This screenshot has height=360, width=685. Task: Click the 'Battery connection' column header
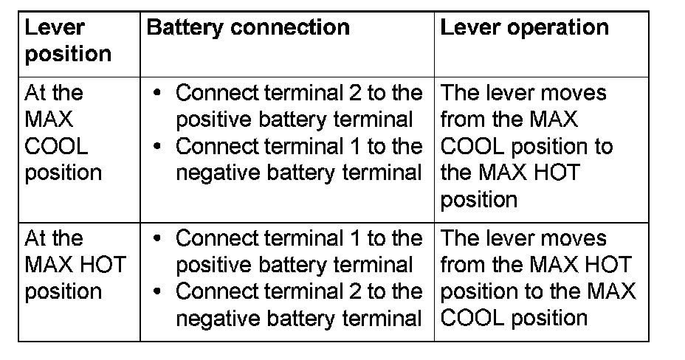pyautogui.click(x=248, y=28)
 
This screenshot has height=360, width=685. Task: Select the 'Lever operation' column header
pyautogui.click(x=525, y=28)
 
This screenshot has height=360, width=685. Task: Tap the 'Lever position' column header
pyautogui.click(x=68, y=41)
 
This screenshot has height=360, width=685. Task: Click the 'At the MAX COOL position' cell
pyautogui.click(x=63, y=133)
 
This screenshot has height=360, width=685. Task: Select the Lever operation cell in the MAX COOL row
pyautogui.click(x=526, y=146)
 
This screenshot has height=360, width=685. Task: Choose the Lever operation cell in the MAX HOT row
pyautogui.click(x=537, y=278)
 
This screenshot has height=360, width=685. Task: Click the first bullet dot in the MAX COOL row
pyautogui.click(x=156, y=94)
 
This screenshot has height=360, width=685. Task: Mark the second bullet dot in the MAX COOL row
pyautogui.click(x=156, y=147)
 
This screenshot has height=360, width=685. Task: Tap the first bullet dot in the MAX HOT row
pyautogui.click(x=156, y=240)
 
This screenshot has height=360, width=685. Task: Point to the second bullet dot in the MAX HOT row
pyautogui.click(x=156, y=293)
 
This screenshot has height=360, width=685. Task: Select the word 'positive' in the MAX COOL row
pyautogui.click(x=210, y=120)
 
